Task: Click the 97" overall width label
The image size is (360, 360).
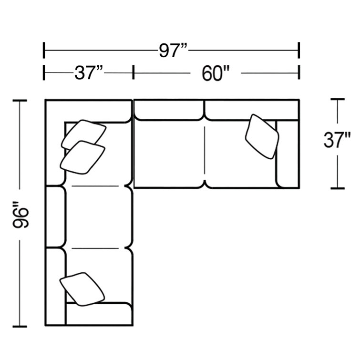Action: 174,51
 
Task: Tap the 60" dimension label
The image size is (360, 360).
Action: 216,73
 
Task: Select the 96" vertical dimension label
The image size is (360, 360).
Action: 21,215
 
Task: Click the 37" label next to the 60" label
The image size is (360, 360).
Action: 89,73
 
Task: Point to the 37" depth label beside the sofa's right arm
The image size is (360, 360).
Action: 337,140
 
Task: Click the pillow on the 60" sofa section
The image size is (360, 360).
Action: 262,136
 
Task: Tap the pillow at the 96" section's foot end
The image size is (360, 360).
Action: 82,289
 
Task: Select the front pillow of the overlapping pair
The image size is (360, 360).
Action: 82,157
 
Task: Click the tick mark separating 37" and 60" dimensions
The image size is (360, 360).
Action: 133,72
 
